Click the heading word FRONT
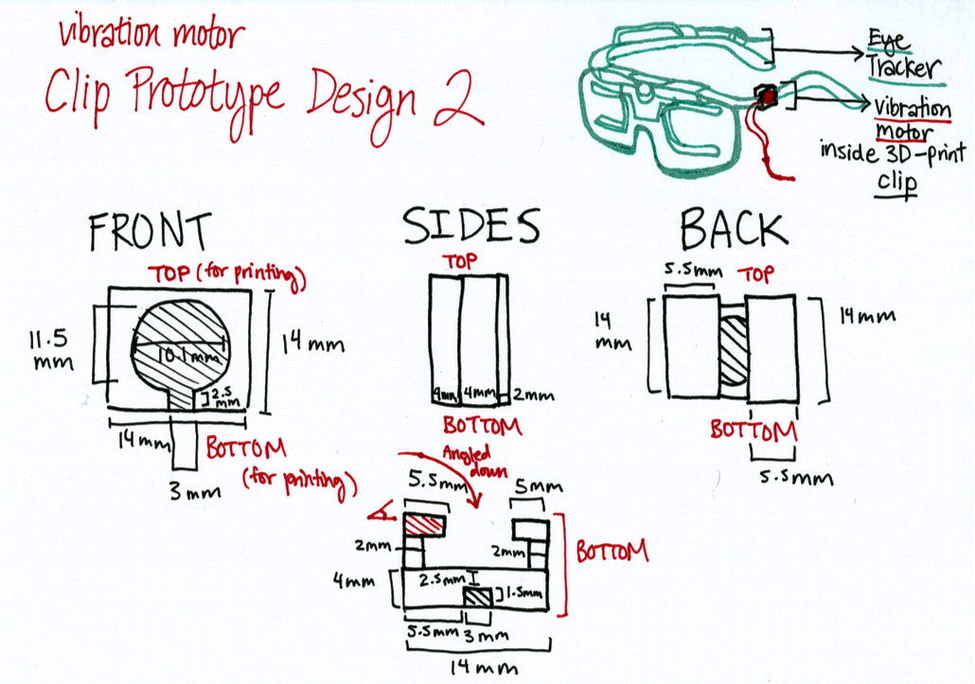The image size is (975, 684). pos(149,233)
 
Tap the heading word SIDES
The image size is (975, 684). pos(470,227)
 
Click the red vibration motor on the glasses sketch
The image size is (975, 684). pos(765,95)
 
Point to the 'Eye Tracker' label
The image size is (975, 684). pos(903,55)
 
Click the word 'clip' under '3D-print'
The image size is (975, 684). pos(896,181)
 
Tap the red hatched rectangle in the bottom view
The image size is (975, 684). pos(425,527)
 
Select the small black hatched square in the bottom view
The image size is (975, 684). pos(477,598)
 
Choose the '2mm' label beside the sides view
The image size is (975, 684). pos(534,395)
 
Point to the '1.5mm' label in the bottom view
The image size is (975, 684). pos(523,594)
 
